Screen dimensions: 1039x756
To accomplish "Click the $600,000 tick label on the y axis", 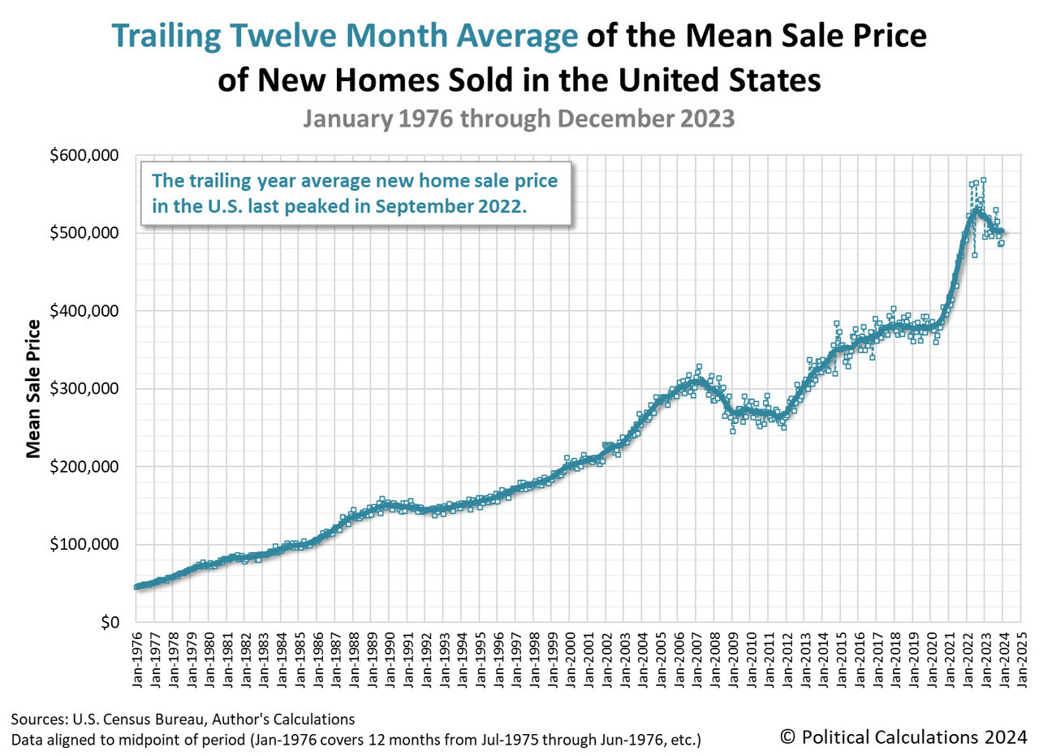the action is pos(84,155).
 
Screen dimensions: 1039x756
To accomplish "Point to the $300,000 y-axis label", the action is pos(84,388).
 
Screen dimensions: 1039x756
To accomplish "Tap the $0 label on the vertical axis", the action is pos(110,622).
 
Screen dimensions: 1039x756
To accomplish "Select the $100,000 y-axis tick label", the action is pos(84,544).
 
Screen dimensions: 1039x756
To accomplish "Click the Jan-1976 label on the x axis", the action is pos(137,659).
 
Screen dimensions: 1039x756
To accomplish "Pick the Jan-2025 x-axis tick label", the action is pos(1021,659).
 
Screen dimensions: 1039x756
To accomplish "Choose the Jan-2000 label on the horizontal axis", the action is pos(571,659).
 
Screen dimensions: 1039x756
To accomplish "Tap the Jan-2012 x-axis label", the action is pos(787,659).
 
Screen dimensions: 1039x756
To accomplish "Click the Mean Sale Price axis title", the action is pos(33,389).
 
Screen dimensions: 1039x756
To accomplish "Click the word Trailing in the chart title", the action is pos(166,36).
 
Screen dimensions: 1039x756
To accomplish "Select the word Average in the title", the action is pos(517,36).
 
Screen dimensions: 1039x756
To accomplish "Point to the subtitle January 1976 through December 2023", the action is pos(519,119).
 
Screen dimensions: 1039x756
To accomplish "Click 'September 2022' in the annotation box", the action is pos(451,206).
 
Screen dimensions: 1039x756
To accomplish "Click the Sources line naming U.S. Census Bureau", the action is pos(183,719).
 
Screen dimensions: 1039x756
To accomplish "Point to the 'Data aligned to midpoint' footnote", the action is pos(356,739).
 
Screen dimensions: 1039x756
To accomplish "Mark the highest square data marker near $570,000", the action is pos(983,180).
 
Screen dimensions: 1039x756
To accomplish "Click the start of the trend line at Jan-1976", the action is pos(136,587).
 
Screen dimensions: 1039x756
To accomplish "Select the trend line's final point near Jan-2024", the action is pos(1002,231).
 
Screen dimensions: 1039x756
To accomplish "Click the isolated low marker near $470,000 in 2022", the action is pos(975,255).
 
